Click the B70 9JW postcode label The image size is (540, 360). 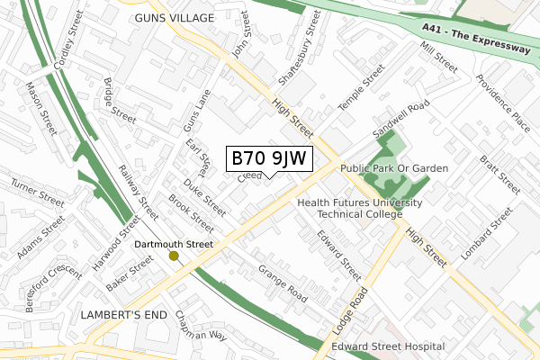pyautogui.click(x=269, y=158)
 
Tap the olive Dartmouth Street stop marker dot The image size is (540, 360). pyautogui.click(x=174, y=256)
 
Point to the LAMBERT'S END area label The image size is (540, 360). pyautogui.click(x=123, y=315)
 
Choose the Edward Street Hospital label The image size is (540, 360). pyautogui.click(x=388, y=346)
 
